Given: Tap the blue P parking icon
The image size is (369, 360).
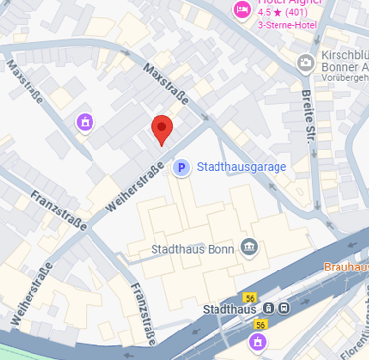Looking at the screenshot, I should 181,168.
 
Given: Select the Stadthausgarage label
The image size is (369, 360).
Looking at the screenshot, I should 242,167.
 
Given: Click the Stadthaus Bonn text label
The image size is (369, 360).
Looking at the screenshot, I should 191,248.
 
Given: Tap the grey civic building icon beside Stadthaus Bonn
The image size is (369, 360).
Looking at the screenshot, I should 249,246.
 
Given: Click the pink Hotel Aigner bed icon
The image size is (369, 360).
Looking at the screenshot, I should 241,9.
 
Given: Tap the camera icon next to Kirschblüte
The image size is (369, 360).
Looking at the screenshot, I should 305,63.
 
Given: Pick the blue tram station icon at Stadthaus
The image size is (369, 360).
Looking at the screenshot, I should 284,309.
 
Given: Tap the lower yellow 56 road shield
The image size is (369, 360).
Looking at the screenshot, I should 261,324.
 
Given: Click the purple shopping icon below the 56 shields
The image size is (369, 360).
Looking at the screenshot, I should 258,342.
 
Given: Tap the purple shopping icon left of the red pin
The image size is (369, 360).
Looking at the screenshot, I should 85,122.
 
